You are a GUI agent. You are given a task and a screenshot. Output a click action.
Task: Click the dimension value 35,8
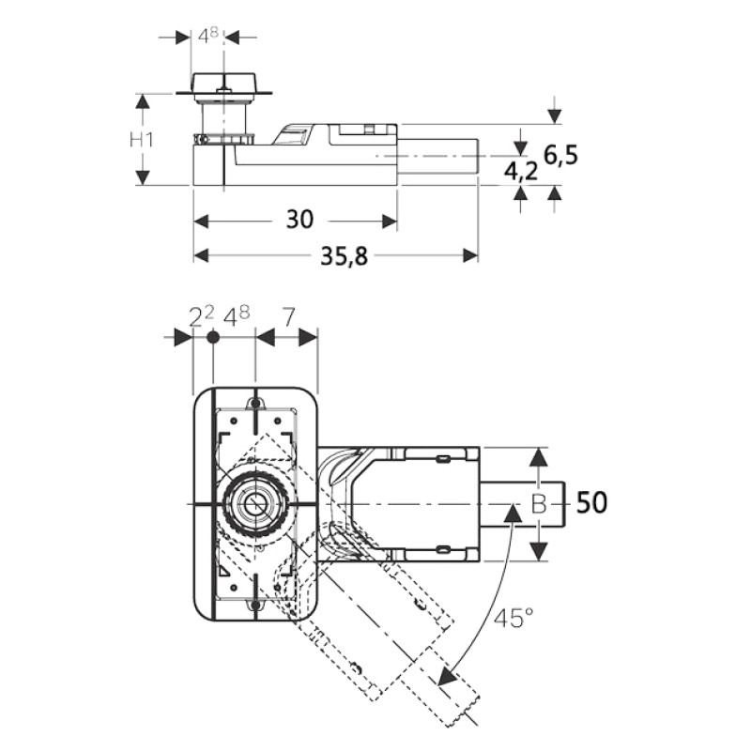(x=344, y=256)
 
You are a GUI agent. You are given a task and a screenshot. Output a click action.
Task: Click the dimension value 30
(x=299, y=220)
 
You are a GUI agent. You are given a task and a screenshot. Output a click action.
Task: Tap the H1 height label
(x=142, y=139)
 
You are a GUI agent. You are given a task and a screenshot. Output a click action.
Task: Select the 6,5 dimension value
(x=560, y=156)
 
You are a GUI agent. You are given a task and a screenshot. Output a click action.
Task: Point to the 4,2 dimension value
(x=521, y=171)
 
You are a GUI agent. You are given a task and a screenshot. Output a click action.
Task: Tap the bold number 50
(x=592, y=503)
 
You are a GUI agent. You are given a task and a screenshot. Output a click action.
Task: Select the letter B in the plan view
(x=539, y=504)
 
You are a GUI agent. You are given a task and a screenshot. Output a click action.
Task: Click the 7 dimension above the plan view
(x=288, y=317)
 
